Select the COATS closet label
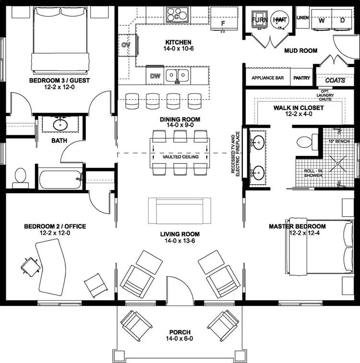pyautogui.click(x=335, y=80)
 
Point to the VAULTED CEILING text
pyautogui.click(x=180, y=157)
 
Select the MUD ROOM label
pyautogui.click(x=300, y=50)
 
